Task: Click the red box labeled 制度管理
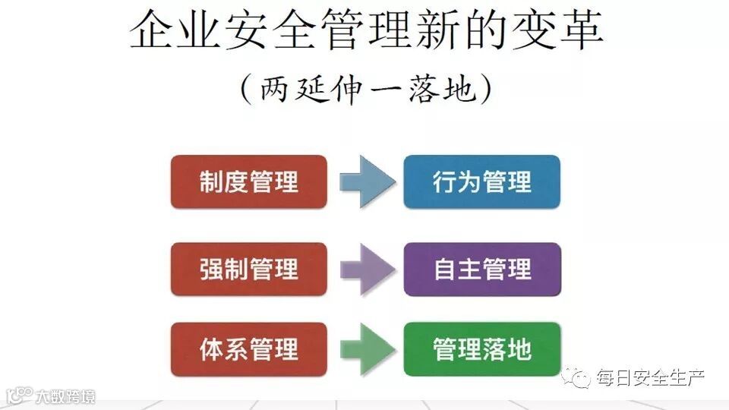248,182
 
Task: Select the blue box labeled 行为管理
481,182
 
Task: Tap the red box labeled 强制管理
248,270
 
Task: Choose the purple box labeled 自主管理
481,270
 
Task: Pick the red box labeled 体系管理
248,349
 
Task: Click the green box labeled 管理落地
481,349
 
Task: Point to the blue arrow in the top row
366,182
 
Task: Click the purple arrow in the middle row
366,270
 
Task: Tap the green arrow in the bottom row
366,349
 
